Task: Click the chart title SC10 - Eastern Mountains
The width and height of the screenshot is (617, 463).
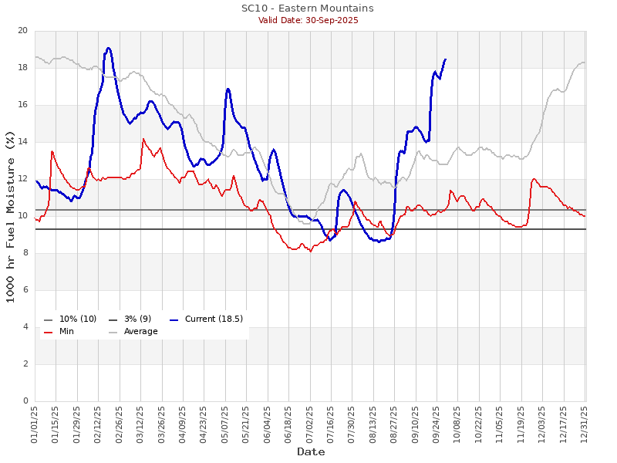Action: [x=307, y=8]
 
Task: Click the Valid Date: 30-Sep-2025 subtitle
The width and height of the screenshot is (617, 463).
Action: [x=308, y=20]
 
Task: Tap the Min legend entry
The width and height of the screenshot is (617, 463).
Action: [x=66, y=331]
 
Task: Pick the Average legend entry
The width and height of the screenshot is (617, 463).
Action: [x=140, y=331]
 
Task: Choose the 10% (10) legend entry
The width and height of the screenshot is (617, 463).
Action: [x=77, y=319]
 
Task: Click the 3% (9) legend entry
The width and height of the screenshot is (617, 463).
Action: [x=136, y=319]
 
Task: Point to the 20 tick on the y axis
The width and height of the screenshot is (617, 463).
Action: [x=22, y=31]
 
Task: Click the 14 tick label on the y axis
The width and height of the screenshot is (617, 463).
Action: [x=22, y=142]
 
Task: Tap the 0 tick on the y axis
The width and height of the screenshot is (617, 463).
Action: [x=25, y=400]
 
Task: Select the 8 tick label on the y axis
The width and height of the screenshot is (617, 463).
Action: [x=25, y=253]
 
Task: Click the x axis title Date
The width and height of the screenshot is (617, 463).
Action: [x=311, y=451]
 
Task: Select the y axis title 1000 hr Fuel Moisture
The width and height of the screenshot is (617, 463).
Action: [x=10, y=216]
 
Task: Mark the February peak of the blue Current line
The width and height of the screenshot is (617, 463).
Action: [x=109, y=48]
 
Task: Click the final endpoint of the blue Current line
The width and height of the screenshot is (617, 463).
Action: [x=445, y=59]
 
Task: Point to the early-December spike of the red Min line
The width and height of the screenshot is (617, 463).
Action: [x=534, y=179]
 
